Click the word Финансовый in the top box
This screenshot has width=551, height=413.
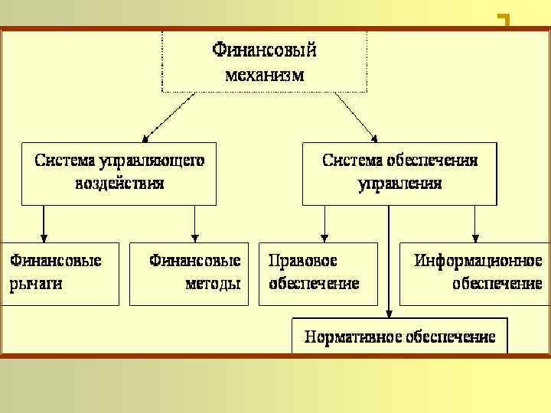click(264, 50)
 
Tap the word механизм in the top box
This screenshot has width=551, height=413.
click(264, 75)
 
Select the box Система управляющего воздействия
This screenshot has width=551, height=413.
click(119, 172)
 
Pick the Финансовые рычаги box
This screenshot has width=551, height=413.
click(59, 273)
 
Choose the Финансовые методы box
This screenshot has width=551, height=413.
click(190, 273)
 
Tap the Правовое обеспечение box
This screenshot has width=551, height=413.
click(318, 273)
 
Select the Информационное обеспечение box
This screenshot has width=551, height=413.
click(474, 273)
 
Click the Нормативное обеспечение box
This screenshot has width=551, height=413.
click(399, 337)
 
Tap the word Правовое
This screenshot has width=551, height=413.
click(304, 261)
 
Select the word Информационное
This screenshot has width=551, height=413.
click(478, 261)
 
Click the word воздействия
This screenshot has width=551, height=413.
click(119, 184)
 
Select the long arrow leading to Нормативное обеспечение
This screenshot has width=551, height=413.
click(390, 264)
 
